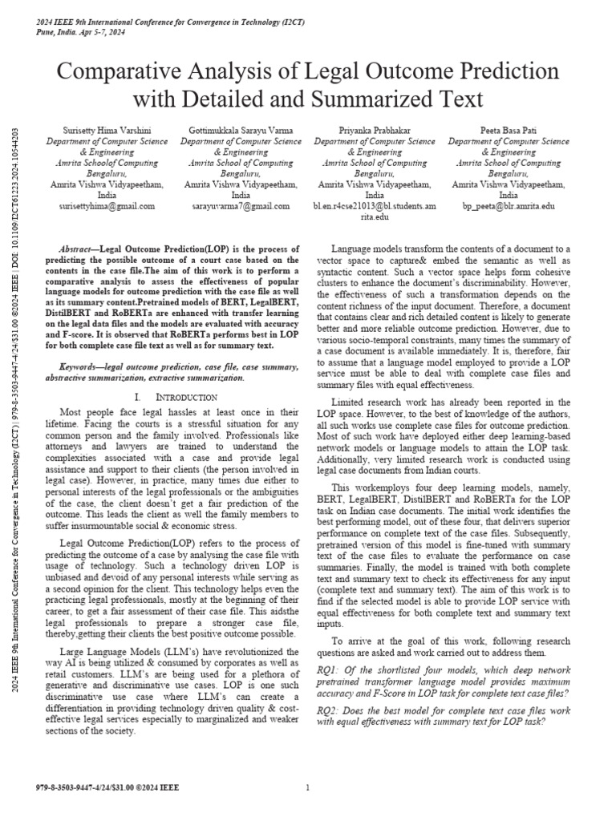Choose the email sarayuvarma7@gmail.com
(x=241, y=206)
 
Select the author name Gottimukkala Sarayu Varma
(x=241, y=130)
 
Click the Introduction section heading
(x=185, y=397)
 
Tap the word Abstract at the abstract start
(x=79, y=249)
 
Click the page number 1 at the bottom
(x=308, y=788)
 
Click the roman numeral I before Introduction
(x=139, y=397)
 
